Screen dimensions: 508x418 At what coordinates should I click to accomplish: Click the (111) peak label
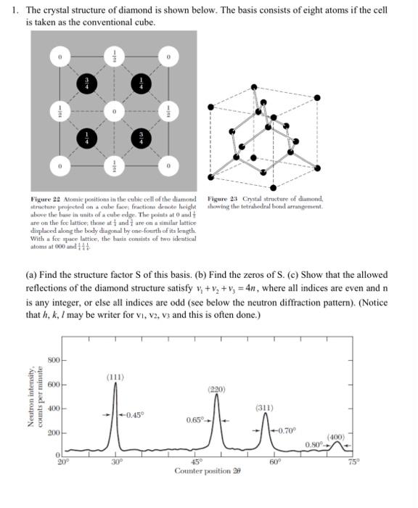tap(115, 377)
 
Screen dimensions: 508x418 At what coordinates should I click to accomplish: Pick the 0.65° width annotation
tap(197, 419)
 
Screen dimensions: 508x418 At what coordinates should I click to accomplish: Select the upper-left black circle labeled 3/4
tap(86, 83)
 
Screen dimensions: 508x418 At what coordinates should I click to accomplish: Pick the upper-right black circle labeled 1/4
tap(140, 83)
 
